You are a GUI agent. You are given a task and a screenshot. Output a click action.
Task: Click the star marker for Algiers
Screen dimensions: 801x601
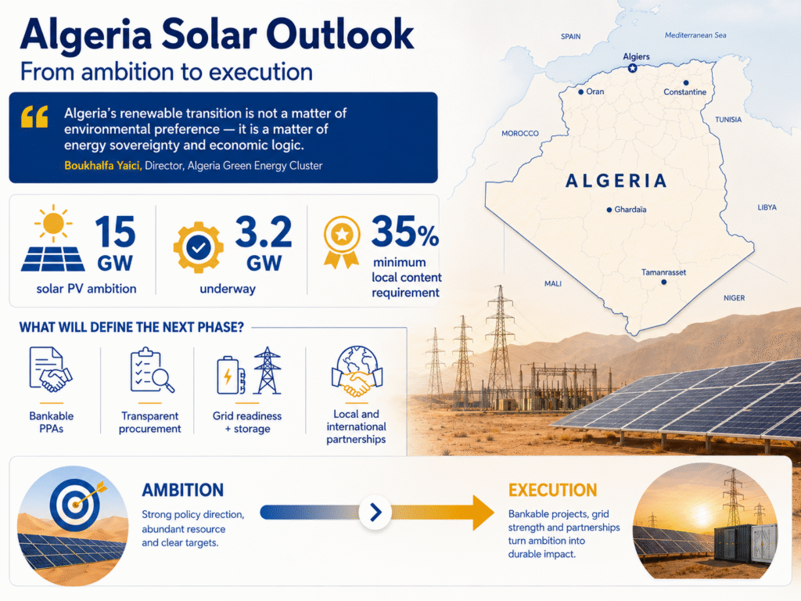[x=632, y=68]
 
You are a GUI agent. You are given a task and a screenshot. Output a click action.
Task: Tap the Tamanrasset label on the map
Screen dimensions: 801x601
[x=663, y=272]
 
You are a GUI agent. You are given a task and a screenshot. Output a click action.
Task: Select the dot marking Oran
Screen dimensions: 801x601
[x=581, y=92]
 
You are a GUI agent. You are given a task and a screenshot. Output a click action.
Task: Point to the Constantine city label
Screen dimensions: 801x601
[x=685, y=92]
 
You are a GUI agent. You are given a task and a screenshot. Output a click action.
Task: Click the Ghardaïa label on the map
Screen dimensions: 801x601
[x=630, y=210]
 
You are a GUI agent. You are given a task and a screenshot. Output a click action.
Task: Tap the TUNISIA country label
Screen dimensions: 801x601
[x=728, y=120]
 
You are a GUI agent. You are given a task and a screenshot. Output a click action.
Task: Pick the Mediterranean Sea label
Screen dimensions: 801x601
[x=695, y=35]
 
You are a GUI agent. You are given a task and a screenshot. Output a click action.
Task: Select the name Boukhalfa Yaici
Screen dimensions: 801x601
[x=102, y=166]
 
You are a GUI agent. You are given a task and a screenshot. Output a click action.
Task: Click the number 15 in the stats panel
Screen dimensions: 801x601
[x=115, y=232]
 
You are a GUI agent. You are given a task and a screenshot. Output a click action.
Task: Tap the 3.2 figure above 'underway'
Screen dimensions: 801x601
[x=264, y=232]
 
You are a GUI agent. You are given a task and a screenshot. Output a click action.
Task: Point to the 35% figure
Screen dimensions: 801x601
[x=405, y=232]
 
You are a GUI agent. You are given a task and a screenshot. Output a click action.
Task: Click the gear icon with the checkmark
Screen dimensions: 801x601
[x=198, y=247]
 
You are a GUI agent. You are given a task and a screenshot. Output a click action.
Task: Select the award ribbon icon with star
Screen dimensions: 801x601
[x=342, y=242]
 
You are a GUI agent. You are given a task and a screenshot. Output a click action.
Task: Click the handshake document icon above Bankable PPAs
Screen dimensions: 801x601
[x=50, y=369]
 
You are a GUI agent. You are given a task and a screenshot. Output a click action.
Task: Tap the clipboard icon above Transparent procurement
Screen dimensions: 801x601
[x=152, y=370]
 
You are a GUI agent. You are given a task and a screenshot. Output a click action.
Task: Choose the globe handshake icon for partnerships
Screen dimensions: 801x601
[x=357, y=372]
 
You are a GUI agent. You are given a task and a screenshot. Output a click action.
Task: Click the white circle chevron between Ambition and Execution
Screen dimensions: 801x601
[x=375, y=512]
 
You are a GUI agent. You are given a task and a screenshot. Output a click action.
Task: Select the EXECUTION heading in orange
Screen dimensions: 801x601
[x=553, y=490]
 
